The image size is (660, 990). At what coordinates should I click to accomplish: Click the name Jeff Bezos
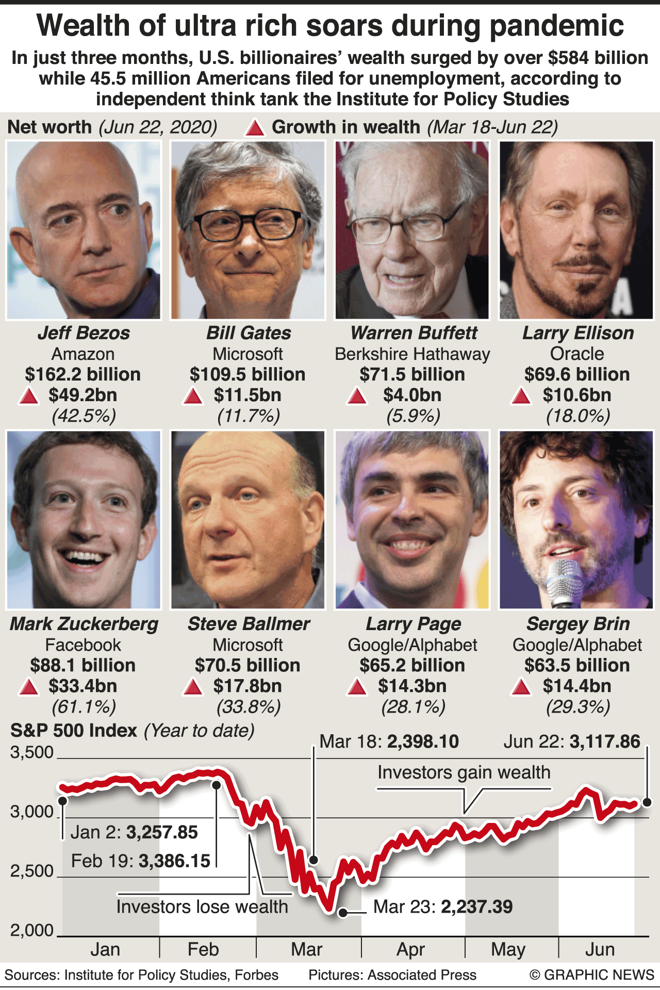point(84,333)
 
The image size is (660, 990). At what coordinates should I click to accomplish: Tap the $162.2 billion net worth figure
point(82,374)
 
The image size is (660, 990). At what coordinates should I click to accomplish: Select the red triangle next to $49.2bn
point(29,396)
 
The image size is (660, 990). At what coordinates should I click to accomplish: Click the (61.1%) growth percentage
point(84,706)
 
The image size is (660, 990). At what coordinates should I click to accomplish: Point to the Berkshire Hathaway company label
point(412,354)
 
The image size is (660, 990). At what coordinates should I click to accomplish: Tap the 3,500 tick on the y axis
point(32,752)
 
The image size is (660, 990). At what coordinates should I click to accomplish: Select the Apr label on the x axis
point(410,949)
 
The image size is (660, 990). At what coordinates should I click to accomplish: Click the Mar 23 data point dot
point(343,913)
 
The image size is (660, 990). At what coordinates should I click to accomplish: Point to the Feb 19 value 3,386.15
point(175,861)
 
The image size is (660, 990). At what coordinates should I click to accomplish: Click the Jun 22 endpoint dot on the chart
point(647,802)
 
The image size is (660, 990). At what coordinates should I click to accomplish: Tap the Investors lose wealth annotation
point(202,906)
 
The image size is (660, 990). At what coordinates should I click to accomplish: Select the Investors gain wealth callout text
point(464,772)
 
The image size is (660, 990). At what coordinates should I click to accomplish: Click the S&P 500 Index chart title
point(74,731)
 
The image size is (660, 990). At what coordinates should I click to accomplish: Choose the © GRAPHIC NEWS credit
point(591,975)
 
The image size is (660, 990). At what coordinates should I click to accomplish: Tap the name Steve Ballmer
point(248,624)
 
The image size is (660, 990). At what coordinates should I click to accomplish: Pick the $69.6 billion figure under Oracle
point(577,374)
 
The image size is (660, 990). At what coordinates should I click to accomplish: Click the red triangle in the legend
point(255,128)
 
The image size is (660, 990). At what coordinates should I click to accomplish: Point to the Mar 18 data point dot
point(313,860)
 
